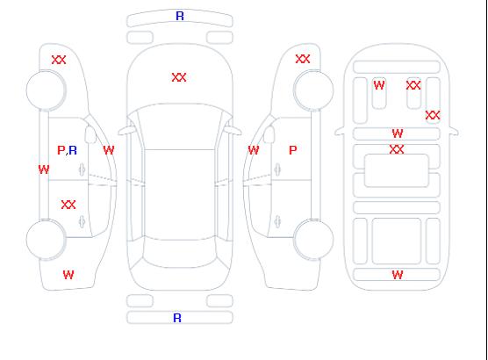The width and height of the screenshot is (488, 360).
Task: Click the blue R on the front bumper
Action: point(180,16)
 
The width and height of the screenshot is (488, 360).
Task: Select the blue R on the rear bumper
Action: point(177,318)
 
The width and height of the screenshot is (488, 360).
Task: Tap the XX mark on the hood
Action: point(179,77)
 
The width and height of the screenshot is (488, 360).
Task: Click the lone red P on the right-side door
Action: point(293,150)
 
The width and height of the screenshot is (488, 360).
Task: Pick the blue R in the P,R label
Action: point(73,150)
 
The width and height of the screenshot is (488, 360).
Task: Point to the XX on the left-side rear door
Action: point(68,205)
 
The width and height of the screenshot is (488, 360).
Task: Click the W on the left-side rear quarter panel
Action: point(68,275)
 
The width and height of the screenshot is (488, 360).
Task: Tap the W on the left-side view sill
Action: point(44,169)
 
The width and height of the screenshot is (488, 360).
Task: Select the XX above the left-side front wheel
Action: point(59,60)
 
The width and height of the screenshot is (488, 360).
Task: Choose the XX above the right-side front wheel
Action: point(303,59)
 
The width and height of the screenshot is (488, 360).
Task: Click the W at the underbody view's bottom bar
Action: point(398,275)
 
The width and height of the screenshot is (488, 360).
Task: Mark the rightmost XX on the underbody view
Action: point(433,115)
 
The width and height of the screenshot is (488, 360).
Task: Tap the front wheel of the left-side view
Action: point(46,90)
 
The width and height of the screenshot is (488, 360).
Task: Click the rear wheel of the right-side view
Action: point(313,240)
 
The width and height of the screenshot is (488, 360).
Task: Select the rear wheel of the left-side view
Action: point(46,240)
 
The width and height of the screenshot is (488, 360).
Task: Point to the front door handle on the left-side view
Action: point(83,169)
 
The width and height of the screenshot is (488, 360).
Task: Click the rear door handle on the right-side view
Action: point(277,221)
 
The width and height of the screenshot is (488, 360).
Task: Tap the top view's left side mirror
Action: point(126,131)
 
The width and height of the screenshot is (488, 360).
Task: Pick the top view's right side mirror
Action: point(233,131)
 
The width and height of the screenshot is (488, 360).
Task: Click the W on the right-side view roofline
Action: point(254,150)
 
